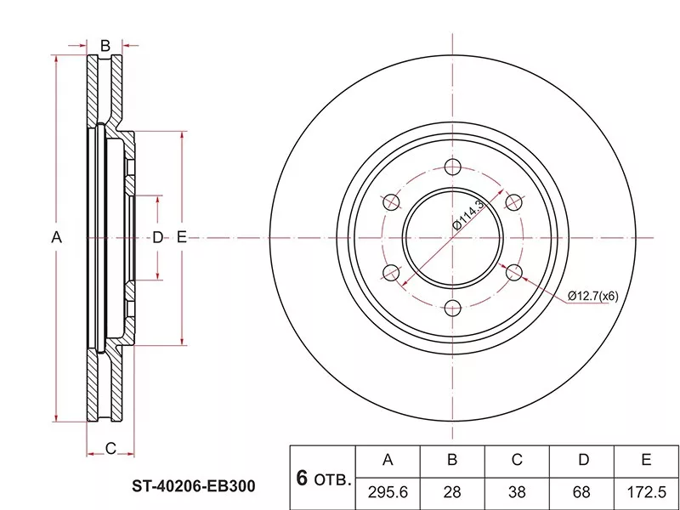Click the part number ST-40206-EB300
194,486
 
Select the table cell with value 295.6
388,492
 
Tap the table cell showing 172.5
646,492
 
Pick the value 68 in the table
581,492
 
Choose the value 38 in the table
517,492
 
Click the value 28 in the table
452,492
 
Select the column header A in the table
388,460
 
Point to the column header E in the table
646,460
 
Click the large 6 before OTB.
302,478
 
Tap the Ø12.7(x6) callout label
592,296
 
